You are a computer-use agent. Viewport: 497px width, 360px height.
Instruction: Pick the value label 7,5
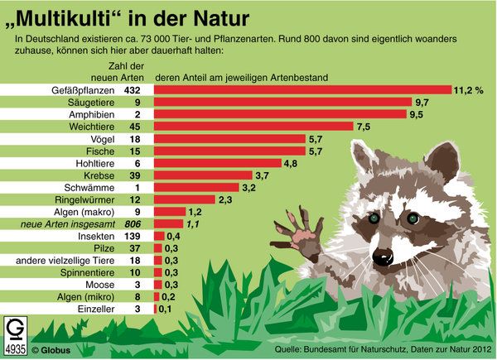[x=363, y=127]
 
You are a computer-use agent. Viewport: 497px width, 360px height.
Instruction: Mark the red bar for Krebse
[x=204, y=176]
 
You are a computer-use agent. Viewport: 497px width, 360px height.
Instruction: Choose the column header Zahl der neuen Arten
[x=127, y=71]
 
